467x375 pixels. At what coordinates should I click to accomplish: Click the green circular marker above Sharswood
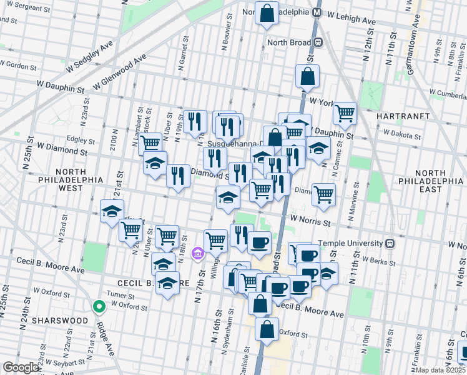coord(98,307)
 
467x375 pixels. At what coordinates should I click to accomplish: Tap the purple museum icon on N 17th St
coord(199,253)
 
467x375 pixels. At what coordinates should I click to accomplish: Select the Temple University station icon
coord(390,242)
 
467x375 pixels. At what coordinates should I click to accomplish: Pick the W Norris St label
coord(310,221)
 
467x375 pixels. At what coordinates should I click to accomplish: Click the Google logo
coord(21,367)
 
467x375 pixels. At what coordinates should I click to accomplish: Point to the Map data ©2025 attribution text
coord(438,370)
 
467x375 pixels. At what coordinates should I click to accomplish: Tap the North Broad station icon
coord(318,42)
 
